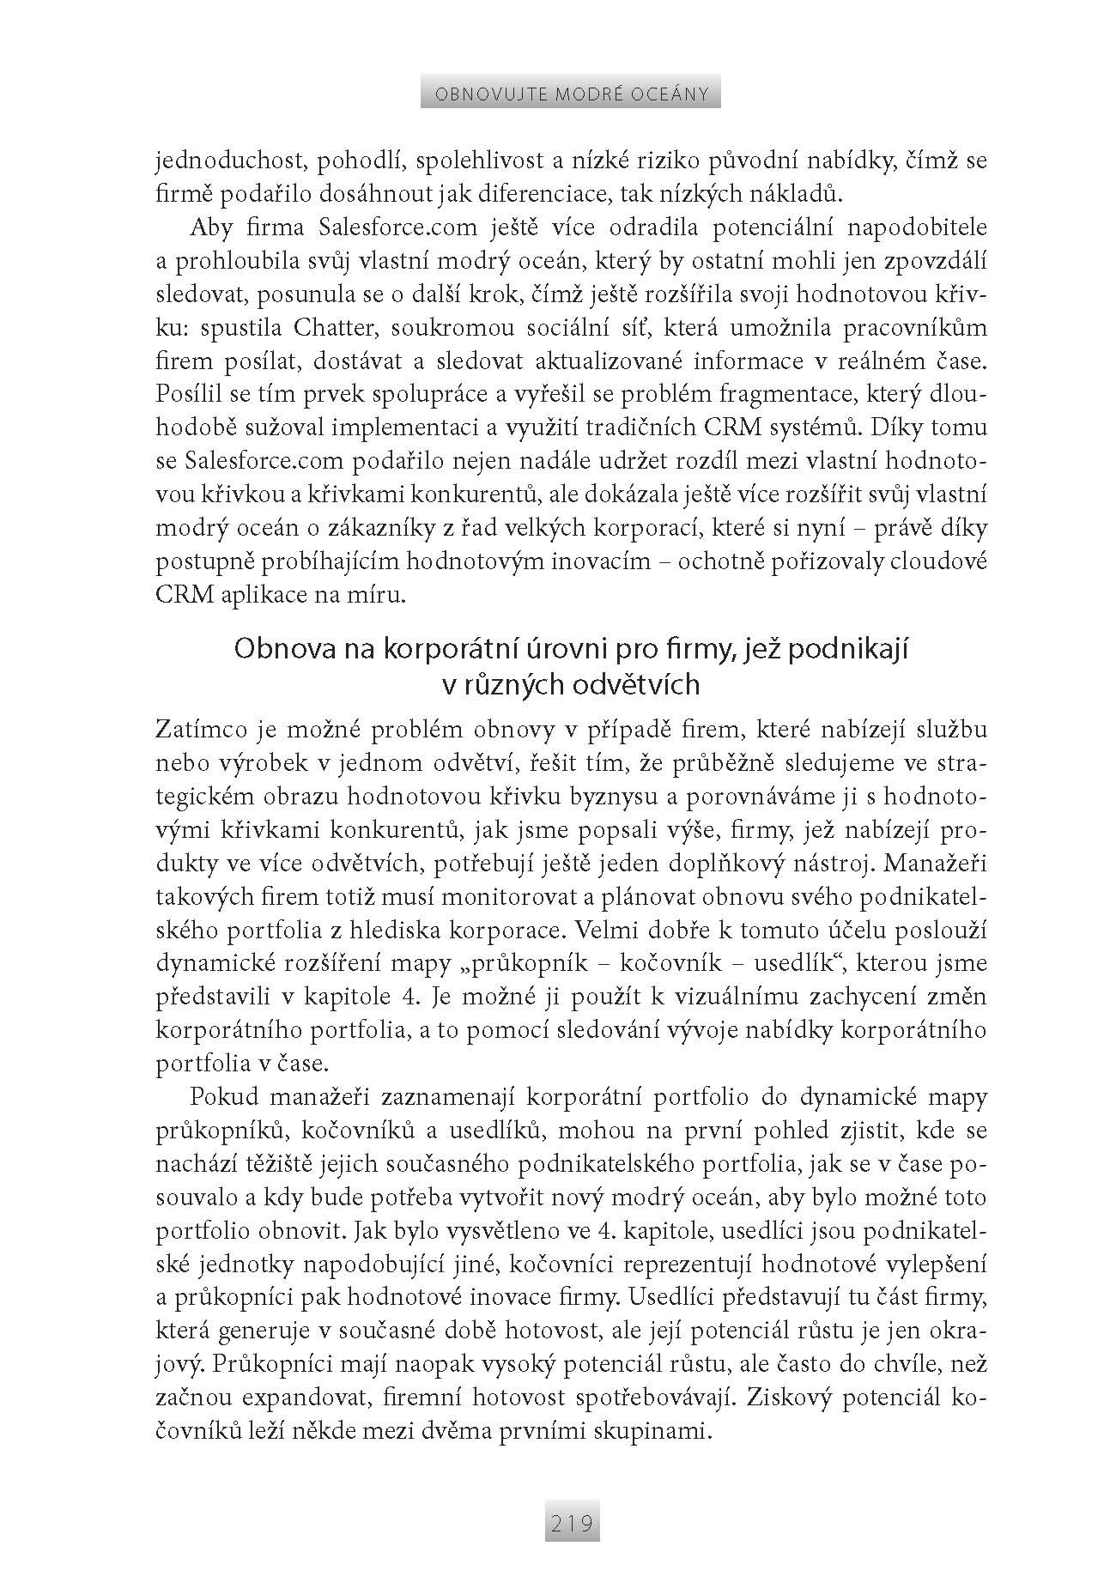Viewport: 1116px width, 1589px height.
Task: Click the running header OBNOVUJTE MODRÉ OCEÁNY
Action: click(570, 93)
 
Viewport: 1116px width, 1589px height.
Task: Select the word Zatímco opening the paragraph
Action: click(205, 730)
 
